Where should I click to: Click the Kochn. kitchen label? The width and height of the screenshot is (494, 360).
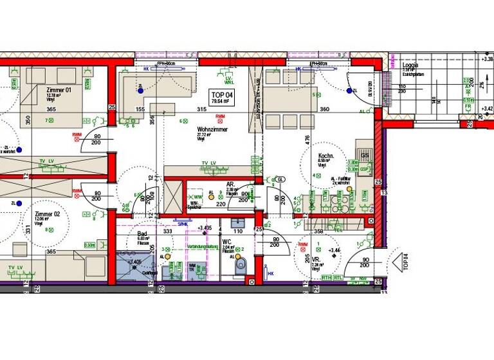325,156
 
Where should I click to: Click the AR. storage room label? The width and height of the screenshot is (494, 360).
230,184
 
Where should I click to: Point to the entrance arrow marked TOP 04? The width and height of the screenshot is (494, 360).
405,260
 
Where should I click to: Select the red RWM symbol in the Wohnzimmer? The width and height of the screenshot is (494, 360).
220,116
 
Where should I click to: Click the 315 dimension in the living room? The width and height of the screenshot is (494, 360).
202,110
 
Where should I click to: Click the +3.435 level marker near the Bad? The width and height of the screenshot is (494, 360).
205,228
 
